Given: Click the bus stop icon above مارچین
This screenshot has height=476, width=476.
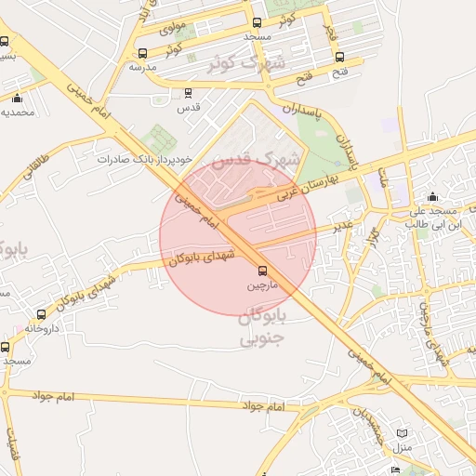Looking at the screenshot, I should (261, 271).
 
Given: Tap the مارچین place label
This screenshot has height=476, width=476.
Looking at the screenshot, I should (261, 286).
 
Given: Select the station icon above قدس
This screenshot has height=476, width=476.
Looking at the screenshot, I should (189, 93).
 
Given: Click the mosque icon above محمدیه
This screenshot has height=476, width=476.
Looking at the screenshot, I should (17, 99).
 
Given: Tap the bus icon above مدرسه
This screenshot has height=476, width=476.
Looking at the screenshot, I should (142, 53).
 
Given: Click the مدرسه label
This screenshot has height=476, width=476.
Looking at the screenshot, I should (142, 68).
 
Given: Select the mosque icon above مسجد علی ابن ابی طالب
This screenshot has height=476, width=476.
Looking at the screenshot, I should (432, 197).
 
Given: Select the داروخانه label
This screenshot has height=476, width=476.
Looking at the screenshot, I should (41, 329).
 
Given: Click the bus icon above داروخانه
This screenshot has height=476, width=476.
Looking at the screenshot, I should (41, 315).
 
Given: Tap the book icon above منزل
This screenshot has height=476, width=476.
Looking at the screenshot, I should (402, 433).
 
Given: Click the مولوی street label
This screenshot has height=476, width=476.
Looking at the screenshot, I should (174, 27).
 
